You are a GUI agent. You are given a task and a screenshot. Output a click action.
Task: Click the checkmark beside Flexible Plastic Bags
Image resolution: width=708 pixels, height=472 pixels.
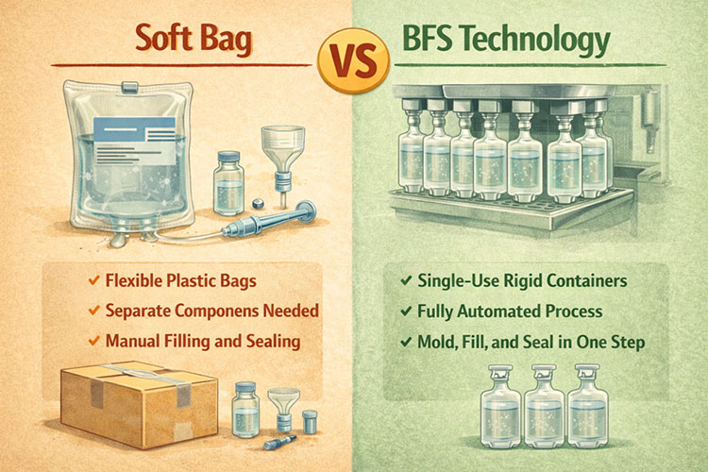coord(93,282)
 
